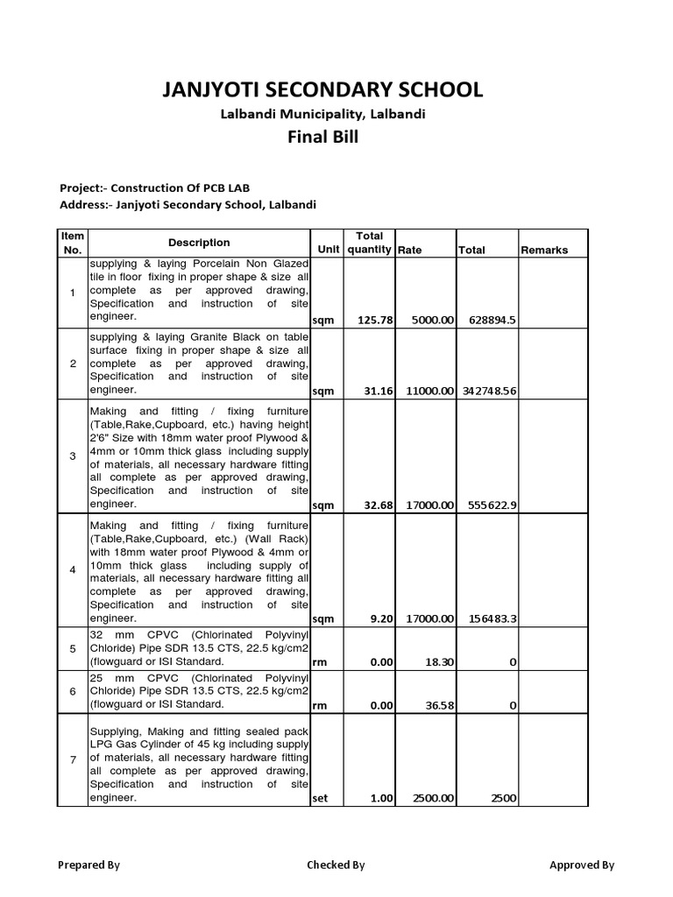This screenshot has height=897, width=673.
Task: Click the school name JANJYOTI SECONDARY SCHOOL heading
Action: pyautogui.click(x=322, y=89)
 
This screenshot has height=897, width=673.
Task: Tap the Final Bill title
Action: pyautogui.click(x=322, y=138)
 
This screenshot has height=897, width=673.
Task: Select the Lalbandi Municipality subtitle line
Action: pyautogui.click(x=322, y=115)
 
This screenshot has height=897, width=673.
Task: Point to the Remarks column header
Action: pyautogui.click(x=544, y=250)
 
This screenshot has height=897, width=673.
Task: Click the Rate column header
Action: pyautogui.click(x=409, y=250)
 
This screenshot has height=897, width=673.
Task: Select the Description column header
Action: pyautogui.click(x=199, y=243)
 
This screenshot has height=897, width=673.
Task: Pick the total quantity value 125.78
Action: pyautogui.click(x=372, y=321)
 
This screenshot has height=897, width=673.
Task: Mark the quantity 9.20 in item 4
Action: pyautogui.click(x=379, y=618)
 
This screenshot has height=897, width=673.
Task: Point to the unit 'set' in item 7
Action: pyautogui.click(x=321, y=799)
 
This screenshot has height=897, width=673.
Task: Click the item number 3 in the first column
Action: pyautogui.click(x=73, y=456)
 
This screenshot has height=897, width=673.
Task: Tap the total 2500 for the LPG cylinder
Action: pyautogui.click(x=502, y=799)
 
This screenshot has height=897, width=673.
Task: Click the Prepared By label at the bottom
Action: pyautogui.click(x=89, y=865)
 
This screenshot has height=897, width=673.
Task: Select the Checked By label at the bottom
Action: pyautogui.click(x=336, y=865)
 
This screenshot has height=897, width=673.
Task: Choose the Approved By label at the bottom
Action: pyautogui.click(x=582, y=865)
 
